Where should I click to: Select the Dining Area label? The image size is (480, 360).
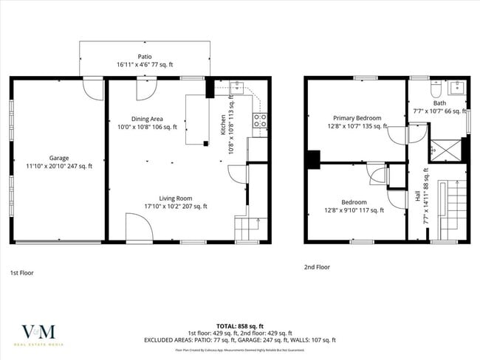click(148, 123)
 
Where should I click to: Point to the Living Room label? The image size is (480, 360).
click(176, 201)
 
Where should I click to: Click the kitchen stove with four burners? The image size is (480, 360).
click(259, 121)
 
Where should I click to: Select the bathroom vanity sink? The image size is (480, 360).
click(456, 89)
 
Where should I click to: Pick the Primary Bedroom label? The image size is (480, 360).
click(357, 122)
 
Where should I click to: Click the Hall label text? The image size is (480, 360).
click(418, 198)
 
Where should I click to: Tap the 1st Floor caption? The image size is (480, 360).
click(22, 272)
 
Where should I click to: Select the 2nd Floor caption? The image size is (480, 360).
click(317, 267)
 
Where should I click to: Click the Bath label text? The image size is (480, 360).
click(440, 104)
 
